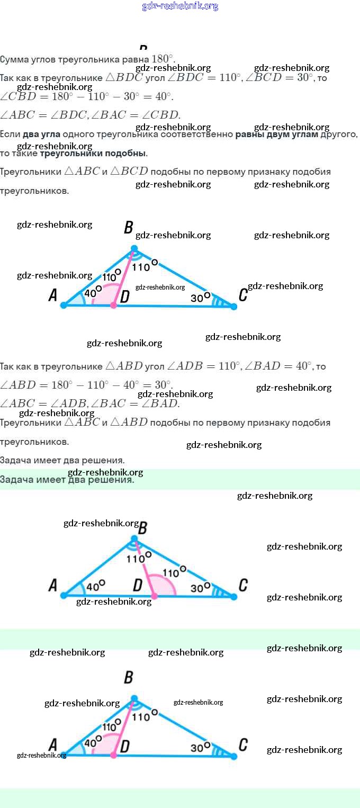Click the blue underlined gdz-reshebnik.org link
click(180, 6)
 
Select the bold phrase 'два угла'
click(41, 134)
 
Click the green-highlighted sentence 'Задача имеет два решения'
click(67, 480)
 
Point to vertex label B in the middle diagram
click(142, 528)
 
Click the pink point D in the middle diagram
click(154, 596)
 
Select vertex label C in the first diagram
click(243, 295)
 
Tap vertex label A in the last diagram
click(52, 746)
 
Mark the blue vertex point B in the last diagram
click(134, 698)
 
